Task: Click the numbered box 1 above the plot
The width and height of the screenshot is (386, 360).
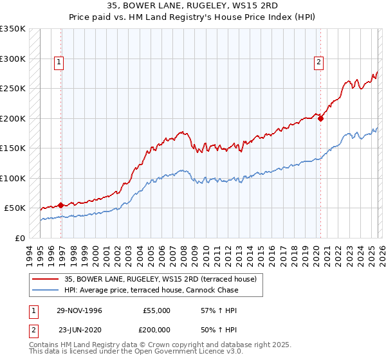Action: tap(59, 62)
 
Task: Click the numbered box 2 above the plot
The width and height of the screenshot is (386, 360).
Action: tap(318, 62)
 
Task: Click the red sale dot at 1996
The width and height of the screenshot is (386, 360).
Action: tap(61, 205)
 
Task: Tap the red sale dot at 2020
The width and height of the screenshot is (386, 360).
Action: tap(320, 118)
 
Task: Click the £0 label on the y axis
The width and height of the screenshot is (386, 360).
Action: tap(19, 238)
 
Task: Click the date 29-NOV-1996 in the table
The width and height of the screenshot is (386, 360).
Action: tap(80, 310)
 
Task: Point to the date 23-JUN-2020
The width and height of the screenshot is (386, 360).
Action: tap(80, 328)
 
